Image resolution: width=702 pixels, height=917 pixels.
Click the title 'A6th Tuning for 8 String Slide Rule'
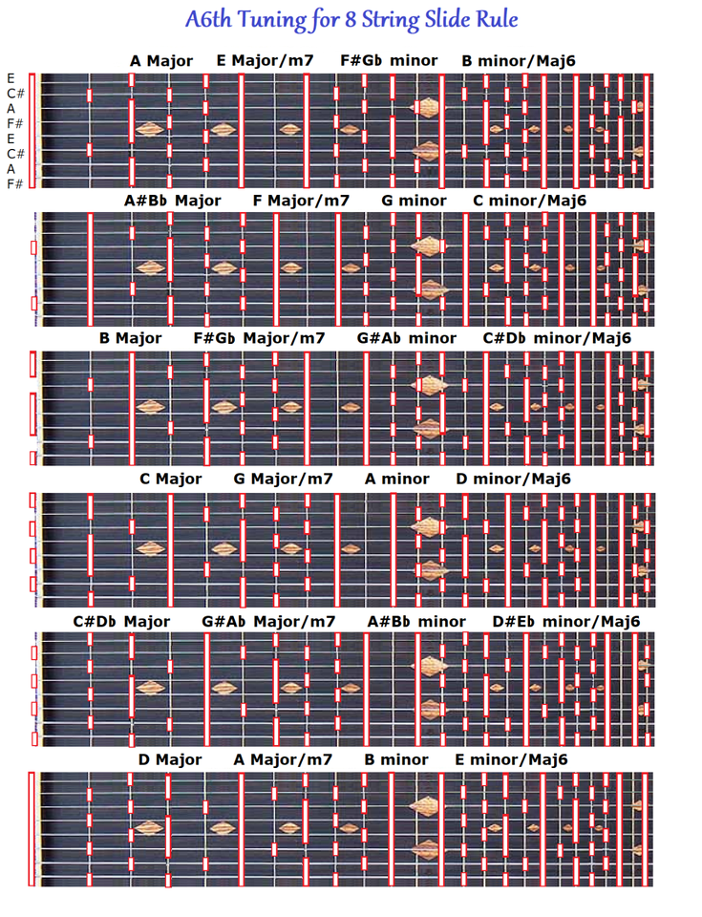352,20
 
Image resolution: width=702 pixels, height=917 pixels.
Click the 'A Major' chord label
161,61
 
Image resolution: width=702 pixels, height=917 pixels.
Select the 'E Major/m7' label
265,61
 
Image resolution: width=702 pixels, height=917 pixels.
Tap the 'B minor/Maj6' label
519,61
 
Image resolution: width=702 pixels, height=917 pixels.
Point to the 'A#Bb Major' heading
172,201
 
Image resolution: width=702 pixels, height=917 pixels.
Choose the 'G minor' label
414,201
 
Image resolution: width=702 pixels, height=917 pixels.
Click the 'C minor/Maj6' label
529,201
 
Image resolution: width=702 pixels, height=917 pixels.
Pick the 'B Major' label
130,338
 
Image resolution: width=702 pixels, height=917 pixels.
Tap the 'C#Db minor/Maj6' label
557,338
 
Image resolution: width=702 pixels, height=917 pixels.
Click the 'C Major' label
171,479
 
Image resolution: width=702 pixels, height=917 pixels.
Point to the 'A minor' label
397,479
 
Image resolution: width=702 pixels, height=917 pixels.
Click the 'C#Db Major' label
121,621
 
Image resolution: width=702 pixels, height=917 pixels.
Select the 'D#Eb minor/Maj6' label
566,621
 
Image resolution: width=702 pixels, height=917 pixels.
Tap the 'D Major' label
170,759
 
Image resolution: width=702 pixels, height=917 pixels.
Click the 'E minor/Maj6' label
511,759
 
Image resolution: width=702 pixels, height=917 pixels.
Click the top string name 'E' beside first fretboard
11,78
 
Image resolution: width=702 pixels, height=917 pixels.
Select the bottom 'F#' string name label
14,183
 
